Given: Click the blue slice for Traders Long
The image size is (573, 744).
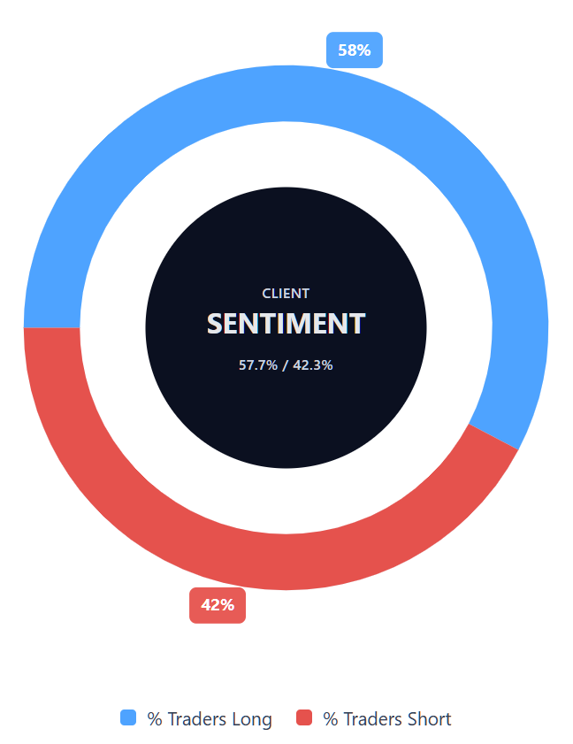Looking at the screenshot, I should (286, 93).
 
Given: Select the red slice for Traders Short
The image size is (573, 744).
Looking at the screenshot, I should (286, 562).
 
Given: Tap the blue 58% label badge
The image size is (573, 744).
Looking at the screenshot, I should (354, 50).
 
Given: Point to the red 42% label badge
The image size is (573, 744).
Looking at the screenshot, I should (218, 605).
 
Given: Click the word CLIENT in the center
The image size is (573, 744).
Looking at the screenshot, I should (286, 294).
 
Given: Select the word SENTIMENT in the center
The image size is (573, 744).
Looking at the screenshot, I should (286, 324).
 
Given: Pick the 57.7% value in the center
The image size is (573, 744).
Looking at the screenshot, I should (257, 364).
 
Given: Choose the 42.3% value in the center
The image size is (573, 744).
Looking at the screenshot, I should (313, 364).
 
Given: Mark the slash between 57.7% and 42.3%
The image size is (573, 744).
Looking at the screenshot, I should (285, 364).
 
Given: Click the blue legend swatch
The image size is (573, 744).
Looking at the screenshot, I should (129, 717).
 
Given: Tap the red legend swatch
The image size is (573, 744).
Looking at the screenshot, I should (305, 717).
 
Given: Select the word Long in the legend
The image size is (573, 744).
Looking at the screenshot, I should (251, 719).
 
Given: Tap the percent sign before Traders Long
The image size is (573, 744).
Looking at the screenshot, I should (155, 719).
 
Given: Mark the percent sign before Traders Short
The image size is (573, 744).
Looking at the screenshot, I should (331, 719).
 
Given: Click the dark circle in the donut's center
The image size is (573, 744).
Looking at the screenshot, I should (286, 407).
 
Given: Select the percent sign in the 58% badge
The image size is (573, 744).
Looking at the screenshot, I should (363, 50).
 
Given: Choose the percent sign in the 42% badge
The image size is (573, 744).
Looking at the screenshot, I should (227, 605).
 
